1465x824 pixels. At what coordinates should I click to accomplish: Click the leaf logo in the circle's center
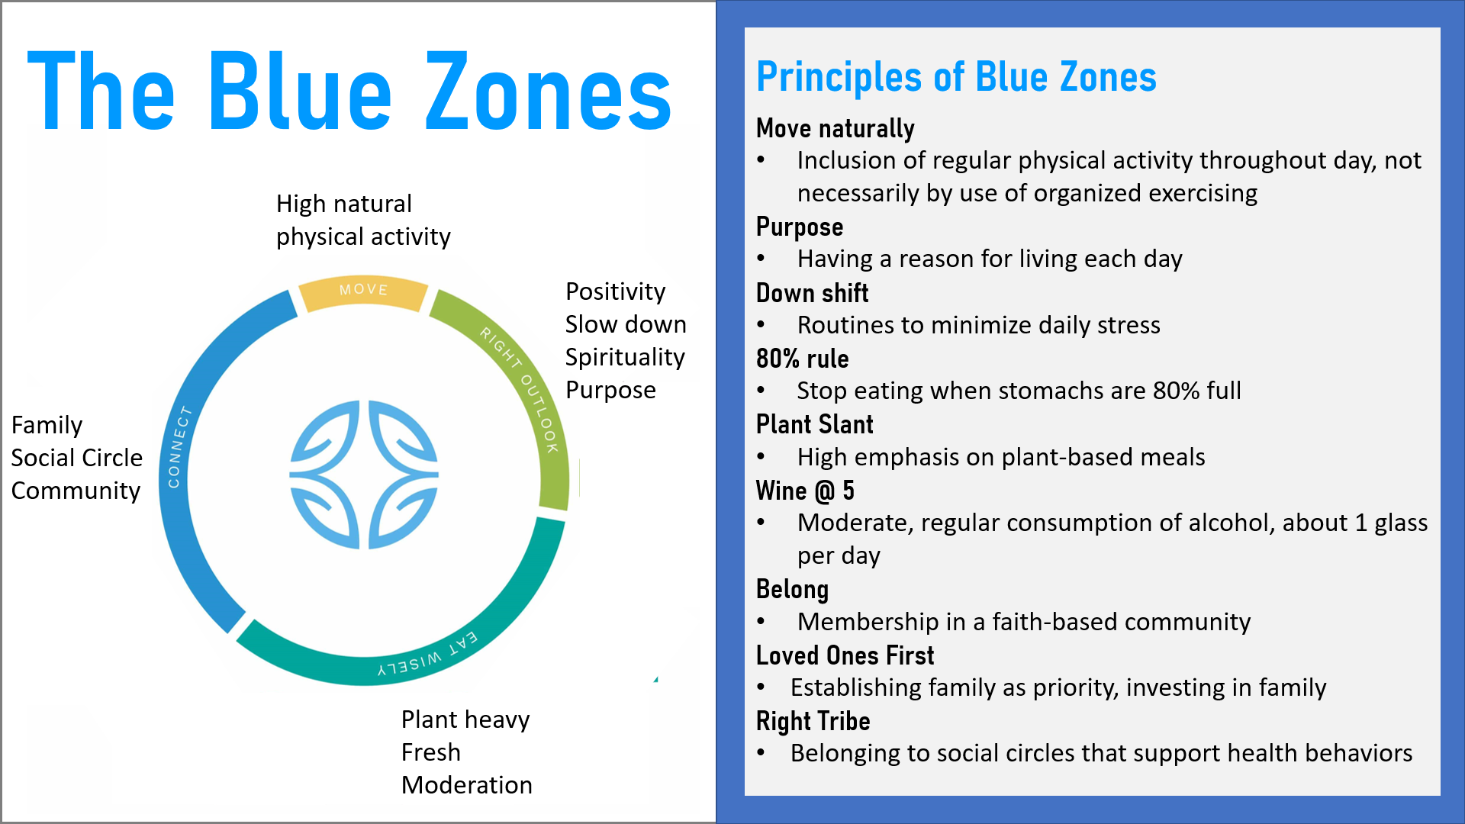pyautogui.click(x=364, y=474)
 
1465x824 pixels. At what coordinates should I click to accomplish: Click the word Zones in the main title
pyautogui.click(x=548, y=92)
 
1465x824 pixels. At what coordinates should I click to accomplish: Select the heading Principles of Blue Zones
pyautogui.click(x=956, y=77)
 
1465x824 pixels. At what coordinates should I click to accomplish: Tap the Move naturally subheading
pyautogui.click(x=836, y=129)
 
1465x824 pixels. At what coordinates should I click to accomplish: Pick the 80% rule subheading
pyautogui.click(x=803, y=359)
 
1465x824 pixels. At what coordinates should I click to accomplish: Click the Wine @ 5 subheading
pyautogui.click(x=805, y=491)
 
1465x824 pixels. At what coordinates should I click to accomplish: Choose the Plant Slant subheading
pyautogui.click(x=815, y=424)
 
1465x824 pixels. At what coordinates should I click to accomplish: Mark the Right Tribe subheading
pyautogui.click(x=813, y=721)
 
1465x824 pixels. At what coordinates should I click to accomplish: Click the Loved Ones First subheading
pyautogui.click(x=845, y=655)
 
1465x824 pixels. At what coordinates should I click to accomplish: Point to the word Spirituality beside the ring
pyautogui.click(x=625, y=357)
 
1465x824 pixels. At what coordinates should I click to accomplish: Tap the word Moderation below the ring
pyautogui.click(x=467, y=785)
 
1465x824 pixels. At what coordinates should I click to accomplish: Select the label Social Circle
pyautogui.click(x=77, y=458)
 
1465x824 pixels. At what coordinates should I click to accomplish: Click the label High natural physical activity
pyautogui.click(x=363, y=220)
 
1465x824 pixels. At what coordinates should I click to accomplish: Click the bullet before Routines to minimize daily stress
pyautogui.click(x=761, y=325)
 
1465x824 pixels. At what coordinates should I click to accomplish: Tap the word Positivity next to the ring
pyautogui.click(x=616, y=292)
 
